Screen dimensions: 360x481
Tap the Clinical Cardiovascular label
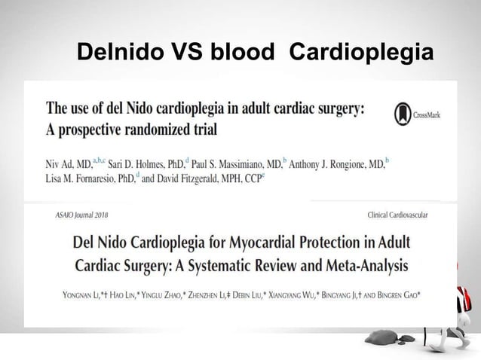coord(396,215)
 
